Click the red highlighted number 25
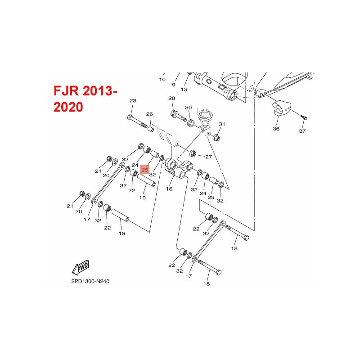coord(145,170)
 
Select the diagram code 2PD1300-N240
coord(90,282)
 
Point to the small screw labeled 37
coord(304,116)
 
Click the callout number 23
coord(132,100)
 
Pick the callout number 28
coord(171,98)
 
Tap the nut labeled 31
coord(216,136)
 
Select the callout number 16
coord(169,189)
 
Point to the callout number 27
coord(208,157)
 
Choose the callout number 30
coord(189,108)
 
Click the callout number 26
coord(149,114)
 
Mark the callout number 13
coord(184,89)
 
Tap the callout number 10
coord(162,80)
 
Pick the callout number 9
coord(173,85)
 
